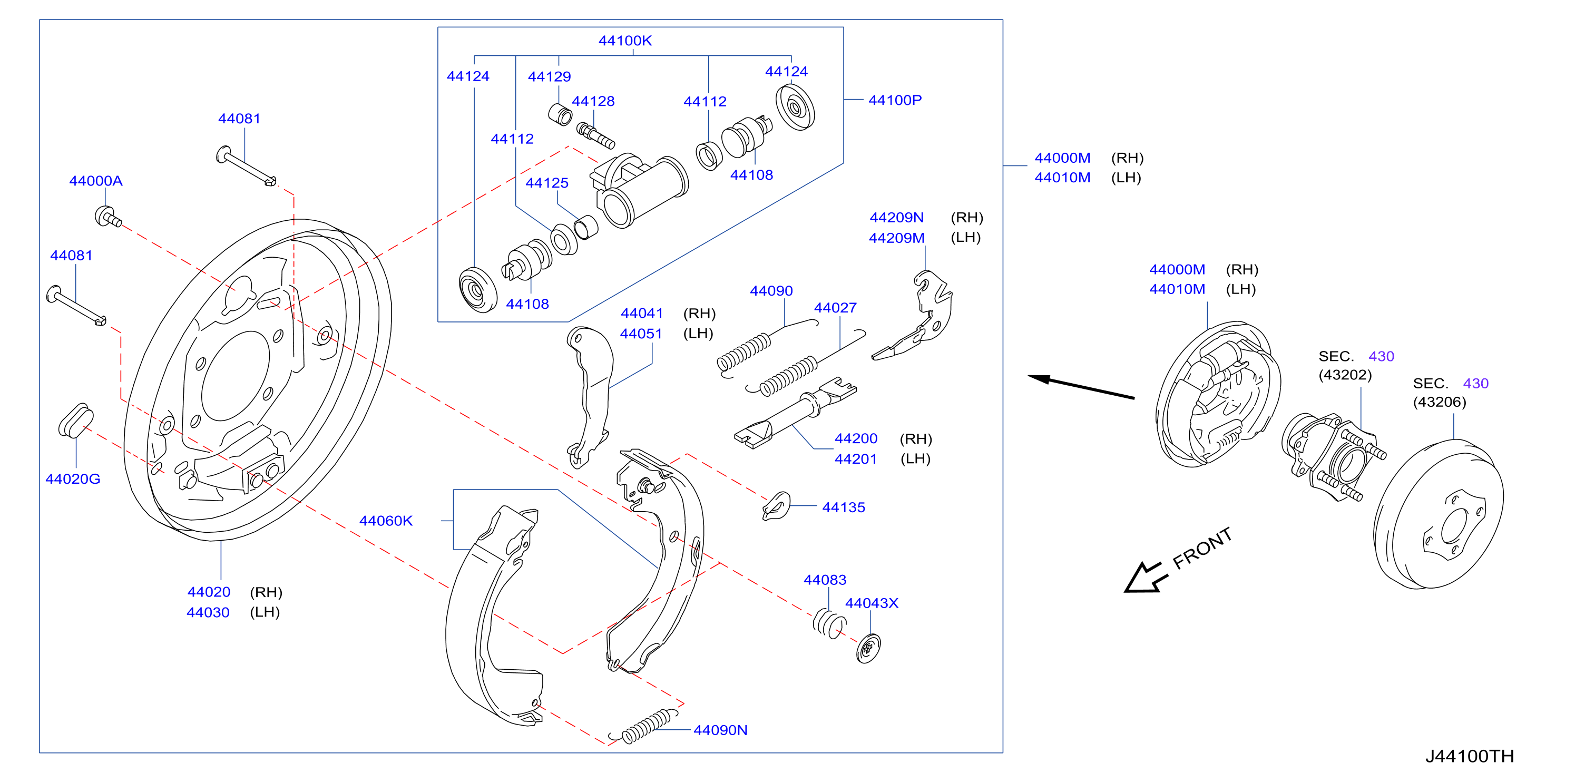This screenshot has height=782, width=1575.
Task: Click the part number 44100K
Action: pyautogui.click(x=625, y=41)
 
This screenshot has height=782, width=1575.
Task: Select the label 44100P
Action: pyautogui.click(x=895, y=100)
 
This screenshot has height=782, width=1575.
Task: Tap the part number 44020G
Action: pyautogui.click(x=73, y=479)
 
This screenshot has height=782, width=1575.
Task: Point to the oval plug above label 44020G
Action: pyautogui.click(x=76, y=421)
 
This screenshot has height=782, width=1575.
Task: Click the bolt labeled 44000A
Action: pyautogui.click(x=108, y=217)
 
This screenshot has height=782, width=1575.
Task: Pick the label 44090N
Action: pyautogui.click(x=720, y=730)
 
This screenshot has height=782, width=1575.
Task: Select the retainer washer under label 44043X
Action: pyautogui.click(x=868, y=648)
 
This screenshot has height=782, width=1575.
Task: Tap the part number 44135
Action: pyautogui.click(x=844, y=507)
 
